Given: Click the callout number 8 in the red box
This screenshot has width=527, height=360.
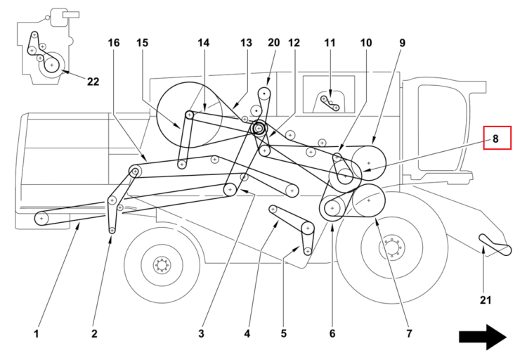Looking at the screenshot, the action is coord(495,139).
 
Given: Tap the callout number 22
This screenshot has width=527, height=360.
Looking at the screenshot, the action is coord(93,82).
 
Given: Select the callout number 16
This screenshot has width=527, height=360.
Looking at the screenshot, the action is coord(114,43).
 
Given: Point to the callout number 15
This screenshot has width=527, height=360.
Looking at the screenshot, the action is coord(142,43).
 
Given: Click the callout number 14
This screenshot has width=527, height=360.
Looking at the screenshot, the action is coord(203,43).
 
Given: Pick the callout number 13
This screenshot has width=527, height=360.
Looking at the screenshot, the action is coord(246,43).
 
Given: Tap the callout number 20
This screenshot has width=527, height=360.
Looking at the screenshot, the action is coord(273,43).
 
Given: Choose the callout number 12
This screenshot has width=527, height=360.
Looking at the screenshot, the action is coord(294,43).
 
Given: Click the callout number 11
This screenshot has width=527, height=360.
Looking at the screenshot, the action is coord(330,43).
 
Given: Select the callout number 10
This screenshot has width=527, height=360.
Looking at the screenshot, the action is coord(366,43).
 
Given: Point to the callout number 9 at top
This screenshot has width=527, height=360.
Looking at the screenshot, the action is coord(403,43).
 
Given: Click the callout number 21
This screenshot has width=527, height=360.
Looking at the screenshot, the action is coord(486,300).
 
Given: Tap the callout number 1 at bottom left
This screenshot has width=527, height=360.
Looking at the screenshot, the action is coord(37,334).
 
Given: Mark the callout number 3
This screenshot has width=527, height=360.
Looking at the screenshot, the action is coord(201,334).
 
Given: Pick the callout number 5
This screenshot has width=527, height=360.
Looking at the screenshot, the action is coord(284,334).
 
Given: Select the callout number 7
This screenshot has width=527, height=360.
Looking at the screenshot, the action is coord(409,334).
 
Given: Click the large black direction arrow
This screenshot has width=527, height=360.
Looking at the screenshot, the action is coord(483,337).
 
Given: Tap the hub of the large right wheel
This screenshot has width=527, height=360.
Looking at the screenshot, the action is coord(391,248).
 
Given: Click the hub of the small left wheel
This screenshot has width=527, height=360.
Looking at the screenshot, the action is coord(162,266).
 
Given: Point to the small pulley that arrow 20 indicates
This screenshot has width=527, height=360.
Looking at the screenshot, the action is coord(264,94).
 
